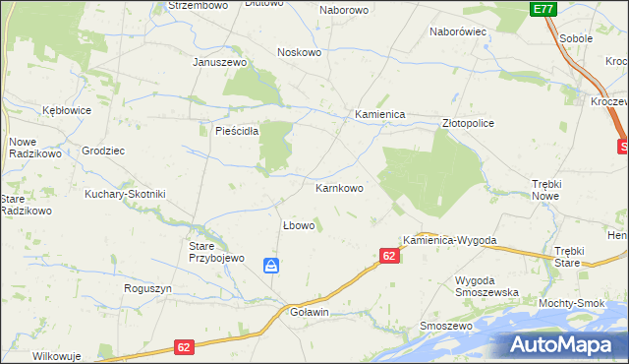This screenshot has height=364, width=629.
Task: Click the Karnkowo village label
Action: pyautogui.click(x=339, y=187)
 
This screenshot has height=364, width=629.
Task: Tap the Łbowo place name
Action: pyautogui.click(x=299, y=225)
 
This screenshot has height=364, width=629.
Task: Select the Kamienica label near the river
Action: pyautogui.click(x=380, y=114)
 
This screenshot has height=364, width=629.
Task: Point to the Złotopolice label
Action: pyautogui.click(x=468, y=123)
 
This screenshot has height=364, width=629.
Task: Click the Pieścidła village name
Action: pyautogui.click(x=230, y=130)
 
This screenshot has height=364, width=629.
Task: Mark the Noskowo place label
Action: pyautogui.click(x=300, y=52)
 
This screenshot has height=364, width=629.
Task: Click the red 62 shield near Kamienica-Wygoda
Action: pyautogui.click(x=389, y=256)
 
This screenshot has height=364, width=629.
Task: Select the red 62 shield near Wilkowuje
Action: pyautogui.click(x=186, y=347)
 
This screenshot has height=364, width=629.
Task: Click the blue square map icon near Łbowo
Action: pyautogui.click(x=271, y=266)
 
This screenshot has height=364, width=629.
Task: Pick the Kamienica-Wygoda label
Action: pyautogui.click(x=449, y=240)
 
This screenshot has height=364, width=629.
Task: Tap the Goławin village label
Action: pyautogui.click(x=310, y=312)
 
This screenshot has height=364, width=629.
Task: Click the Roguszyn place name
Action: pyautogui.click(x=148, y=288)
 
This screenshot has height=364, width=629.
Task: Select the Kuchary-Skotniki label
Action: pyautogui.click(x=125, y=194)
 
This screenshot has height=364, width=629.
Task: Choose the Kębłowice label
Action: pyautogui.click(x=67, y=110)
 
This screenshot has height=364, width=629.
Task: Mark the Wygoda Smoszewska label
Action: pyautogui.click(x=486, y=286)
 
